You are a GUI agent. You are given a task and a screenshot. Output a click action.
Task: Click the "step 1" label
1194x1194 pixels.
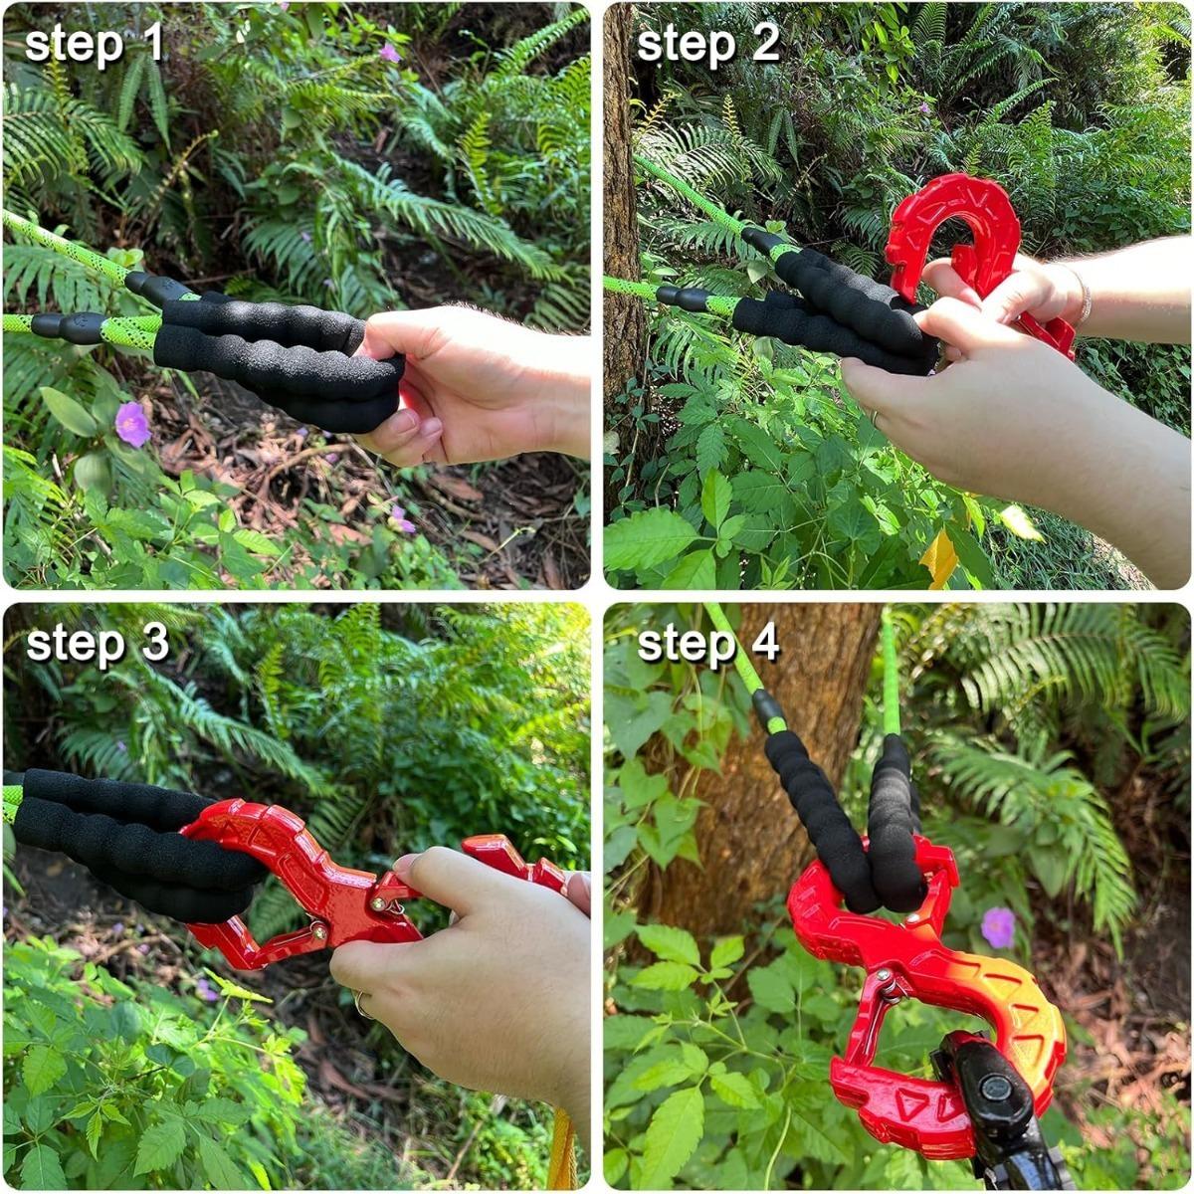coord(95,45)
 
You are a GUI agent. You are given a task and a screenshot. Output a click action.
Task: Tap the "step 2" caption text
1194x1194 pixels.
coord(707,45)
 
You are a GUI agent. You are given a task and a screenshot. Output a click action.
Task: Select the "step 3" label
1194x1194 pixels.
coord(98,644)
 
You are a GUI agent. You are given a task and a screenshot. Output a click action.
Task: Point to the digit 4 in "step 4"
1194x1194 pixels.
coord(764,644)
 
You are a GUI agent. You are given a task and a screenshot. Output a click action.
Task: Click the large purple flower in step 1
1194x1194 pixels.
coord(131,424)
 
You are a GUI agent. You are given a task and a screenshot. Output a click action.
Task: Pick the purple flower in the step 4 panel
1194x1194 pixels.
coord(998,927)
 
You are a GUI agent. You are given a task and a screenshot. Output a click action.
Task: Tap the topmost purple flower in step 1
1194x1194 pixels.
coord(389,53)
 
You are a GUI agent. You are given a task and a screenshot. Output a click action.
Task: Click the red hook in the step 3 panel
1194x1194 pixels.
coord(298,886)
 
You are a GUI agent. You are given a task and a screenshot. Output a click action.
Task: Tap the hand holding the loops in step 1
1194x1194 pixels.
coord(478,383)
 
